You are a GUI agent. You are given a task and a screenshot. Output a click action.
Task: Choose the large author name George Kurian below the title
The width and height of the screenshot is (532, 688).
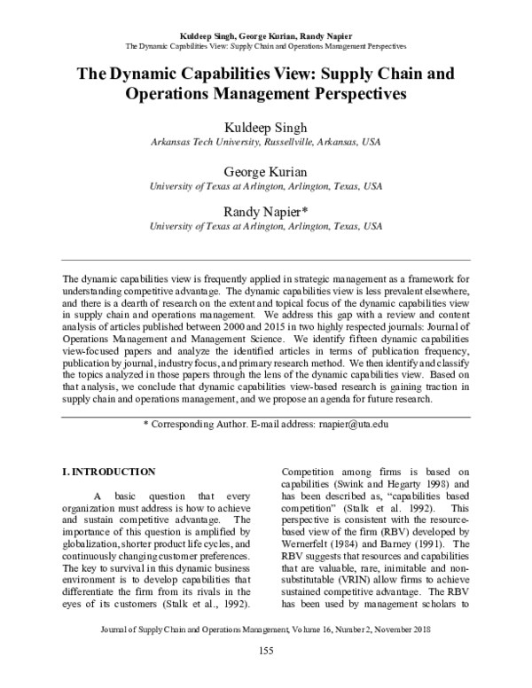[x=265, y=171]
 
